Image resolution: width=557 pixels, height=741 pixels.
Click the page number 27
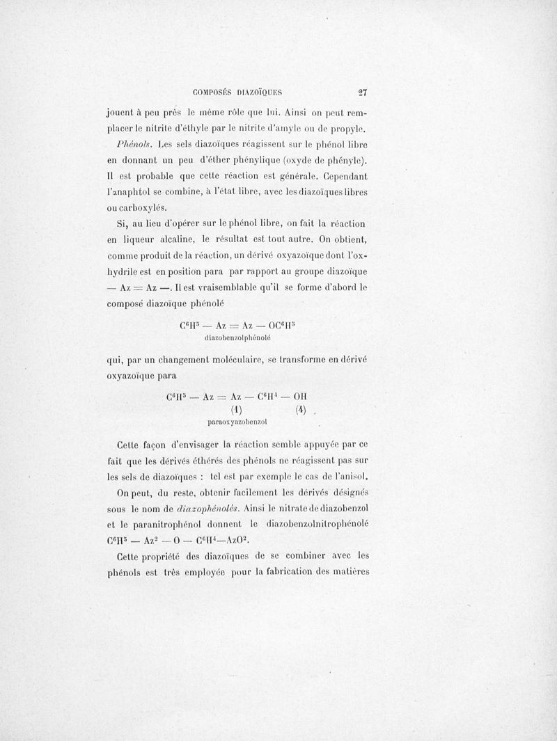361,90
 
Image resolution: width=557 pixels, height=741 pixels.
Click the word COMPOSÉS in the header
213,91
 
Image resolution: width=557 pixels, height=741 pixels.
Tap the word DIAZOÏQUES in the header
259,91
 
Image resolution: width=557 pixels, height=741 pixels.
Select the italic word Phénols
135,145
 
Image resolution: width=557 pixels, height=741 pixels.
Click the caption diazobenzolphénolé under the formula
237,338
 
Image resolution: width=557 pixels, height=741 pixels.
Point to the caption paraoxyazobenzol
237,422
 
